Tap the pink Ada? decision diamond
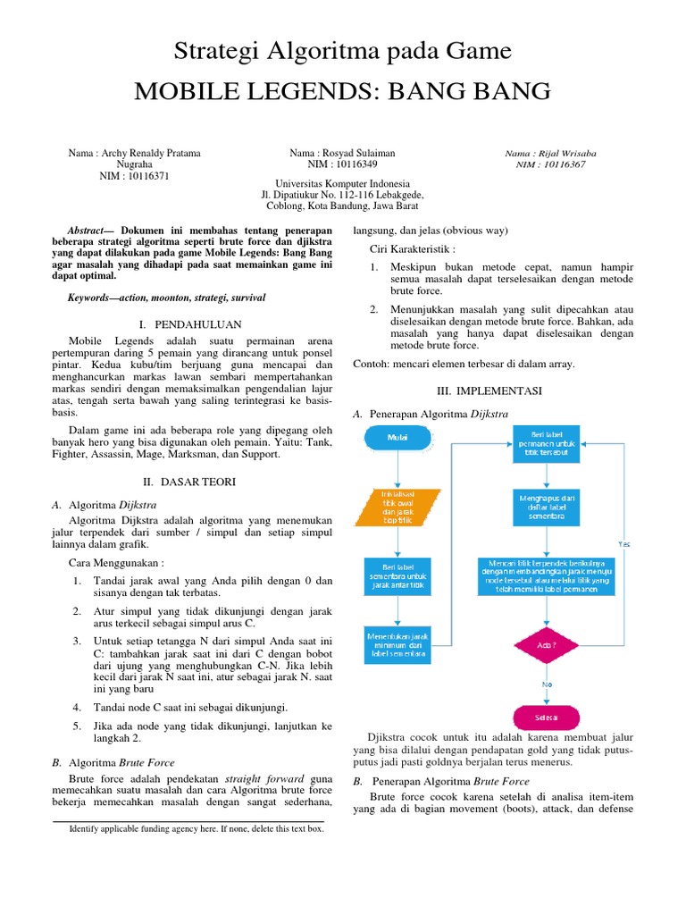tap(546, 644)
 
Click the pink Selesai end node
tap(546, 718)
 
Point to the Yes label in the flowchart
tap(624, 543)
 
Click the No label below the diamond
tap(547, 684)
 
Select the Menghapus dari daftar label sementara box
tap(546, 507)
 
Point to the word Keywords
tap(95, 297)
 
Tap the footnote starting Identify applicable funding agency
tap(197, 828)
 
